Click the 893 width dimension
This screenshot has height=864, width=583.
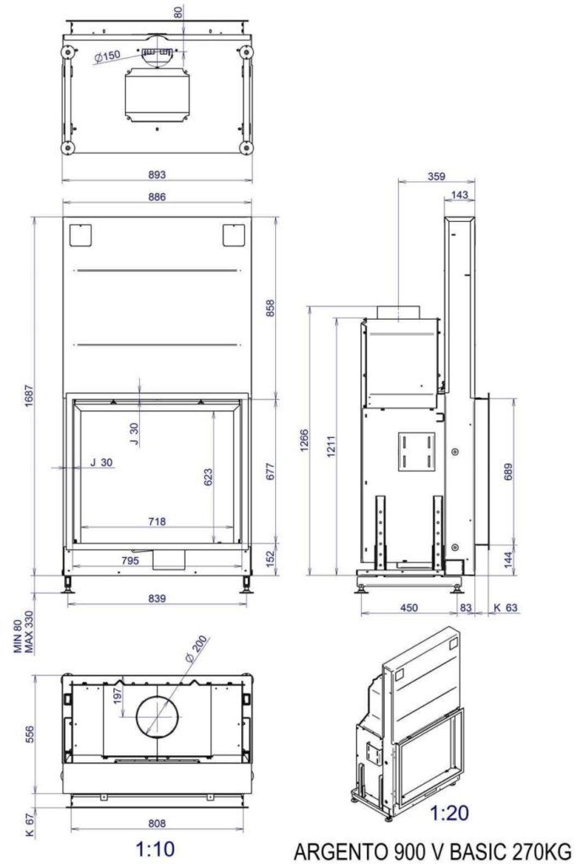coord(157,175)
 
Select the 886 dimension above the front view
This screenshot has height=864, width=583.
coord(157,197)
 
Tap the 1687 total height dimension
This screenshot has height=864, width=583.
coord(30,396)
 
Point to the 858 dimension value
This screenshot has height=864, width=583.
coord(271,308)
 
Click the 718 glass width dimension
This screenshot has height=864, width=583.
coord(157,521)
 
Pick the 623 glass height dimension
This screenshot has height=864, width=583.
coord(208,478)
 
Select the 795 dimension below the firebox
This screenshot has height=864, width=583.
coord(130,561)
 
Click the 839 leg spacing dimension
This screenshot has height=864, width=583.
coord(157,598)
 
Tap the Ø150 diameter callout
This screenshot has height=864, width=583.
coord(106,56)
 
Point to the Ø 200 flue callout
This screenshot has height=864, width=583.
coord(197,649)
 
